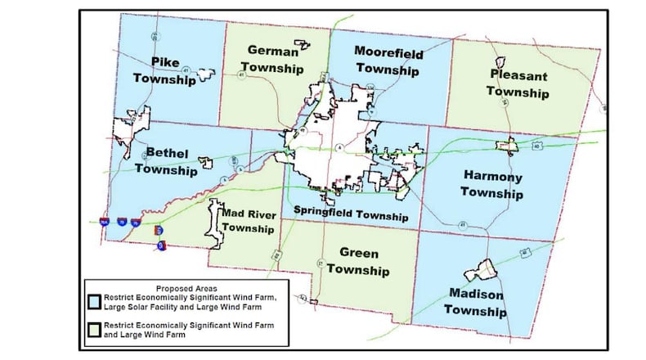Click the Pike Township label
(172, 71)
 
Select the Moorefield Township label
(387, 61)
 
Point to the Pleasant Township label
(518, 83)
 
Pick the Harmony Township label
(491, 184)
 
